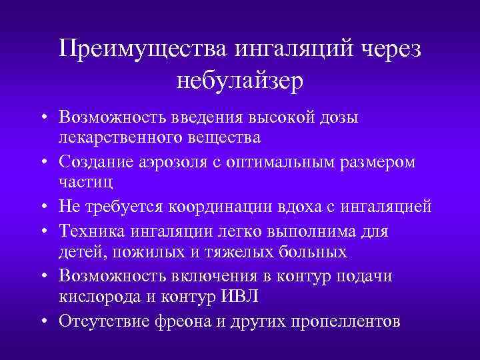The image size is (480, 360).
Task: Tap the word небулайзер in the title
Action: click(240, 81)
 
